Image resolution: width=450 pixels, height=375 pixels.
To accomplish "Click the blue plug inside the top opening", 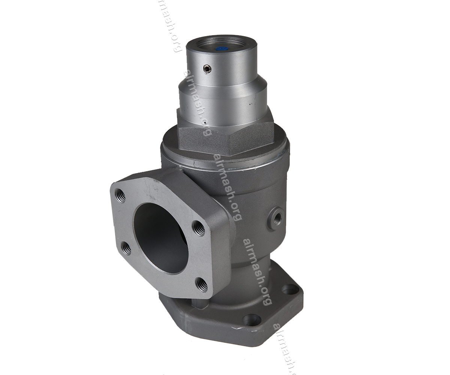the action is coord(221,48).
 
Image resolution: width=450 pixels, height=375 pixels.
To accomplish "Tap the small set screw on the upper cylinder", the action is coord(207,69).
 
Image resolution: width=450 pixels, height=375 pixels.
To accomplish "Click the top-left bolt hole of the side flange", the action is coord(120,195).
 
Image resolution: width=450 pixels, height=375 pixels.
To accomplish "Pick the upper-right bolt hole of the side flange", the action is coord(198,228).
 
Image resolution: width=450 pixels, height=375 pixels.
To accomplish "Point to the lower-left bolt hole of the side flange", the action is coord(126,248).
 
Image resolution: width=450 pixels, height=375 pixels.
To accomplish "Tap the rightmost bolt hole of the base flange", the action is coord(290,289).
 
